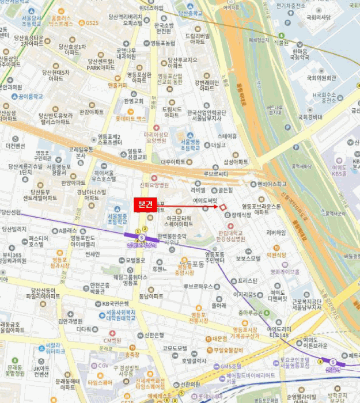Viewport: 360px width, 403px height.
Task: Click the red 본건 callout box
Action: (x=145, y=204)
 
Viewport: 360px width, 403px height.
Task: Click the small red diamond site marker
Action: (x=223, y=207)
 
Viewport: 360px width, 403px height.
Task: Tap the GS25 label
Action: (x=92, y=23)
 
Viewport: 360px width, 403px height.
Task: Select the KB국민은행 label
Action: (x=115, y=303)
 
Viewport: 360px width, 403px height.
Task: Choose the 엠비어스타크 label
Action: (x=271, y=184)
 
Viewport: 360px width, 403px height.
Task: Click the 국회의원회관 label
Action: (x=321, y=77)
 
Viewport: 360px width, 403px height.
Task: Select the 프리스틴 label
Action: (x=247, y=281)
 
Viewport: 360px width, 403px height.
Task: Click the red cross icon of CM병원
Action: (x=104, y=333)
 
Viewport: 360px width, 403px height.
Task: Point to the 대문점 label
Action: (x=219, y=339)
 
